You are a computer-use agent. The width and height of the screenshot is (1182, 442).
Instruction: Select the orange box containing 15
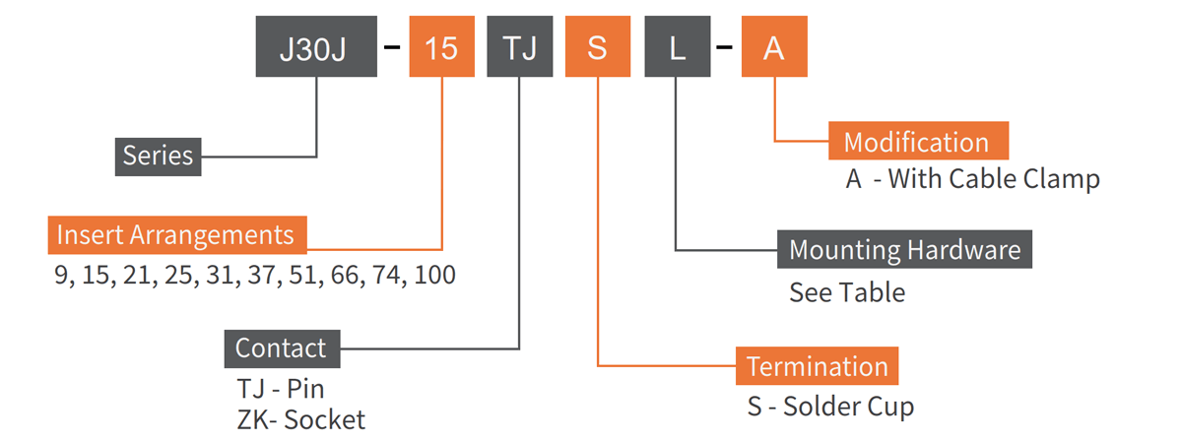[x=442, y=47]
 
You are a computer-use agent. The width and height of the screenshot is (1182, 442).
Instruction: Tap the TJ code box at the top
[x=519, y=47]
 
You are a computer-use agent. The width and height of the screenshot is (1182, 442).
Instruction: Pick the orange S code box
[x=598, y=47]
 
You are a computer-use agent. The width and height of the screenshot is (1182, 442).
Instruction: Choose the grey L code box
[x=678, y=47]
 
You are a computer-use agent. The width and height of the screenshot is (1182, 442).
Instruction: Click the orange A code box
[x=774, y=47]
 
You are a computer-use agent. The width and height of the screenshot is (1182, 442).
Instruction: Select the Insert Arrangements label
[x=176, y=236]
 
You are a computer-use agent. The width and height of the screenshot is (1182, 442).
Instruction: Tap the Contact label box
[x=282, y=348]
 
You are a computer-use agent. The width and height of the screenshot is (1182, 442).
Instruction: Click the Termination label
[x=818, y=367]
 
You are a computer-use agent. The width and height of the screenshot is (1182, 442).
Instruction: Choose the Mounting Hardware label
[x=904, y=249]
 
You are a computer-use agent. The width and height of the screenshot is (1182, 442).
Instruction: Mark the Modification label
[x=917, y=143]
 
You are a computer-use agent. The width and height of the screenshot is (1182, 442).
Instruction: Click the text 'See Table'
[x=847, y=292]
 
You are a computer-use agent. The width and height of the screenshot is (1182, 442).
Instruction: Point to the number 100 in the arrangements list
[x=434, y=276]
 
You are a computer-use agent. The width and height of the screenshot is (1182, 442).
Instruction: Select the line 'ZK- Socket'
[x=300, y=420]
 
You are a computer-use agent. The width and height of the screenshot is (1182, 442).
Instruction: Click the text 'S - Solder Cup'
[x=829, y=407]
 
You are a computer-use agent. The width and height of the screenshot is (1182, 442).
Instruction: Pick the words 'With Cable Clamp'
[x=994, y=180]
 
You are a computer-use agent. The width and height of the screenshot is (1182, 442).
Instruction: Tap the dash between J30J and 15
[x=393, y=47]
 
